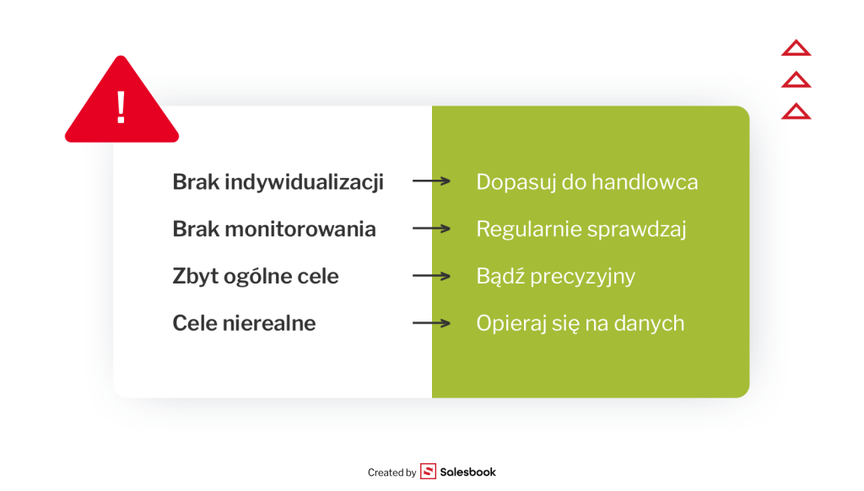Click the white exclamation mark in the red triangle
click(x=121, y=107)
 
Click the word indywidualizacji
click(x=304, y=182)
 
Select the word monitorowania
click(x=300, y=229)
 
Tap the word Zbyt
click(x=196, y=277)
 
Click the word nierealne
click(x=269, y=323)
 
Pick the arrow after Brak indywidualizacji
click(x=431, y=181)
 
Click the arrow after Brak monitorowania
click(x=431, y=228)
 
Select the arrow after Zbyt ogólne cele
click(x=431, y=276)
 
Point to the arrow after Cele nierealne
click(x=431, y=323)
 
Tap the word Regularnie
click(x=524, y=229)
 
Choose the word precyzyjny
click(x=582, y=278)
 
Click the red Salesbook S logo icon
click(x=428, y=471)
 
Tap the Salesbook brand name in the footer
click(x=467, y=472)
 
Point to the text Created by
click(x=391, y=472)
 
